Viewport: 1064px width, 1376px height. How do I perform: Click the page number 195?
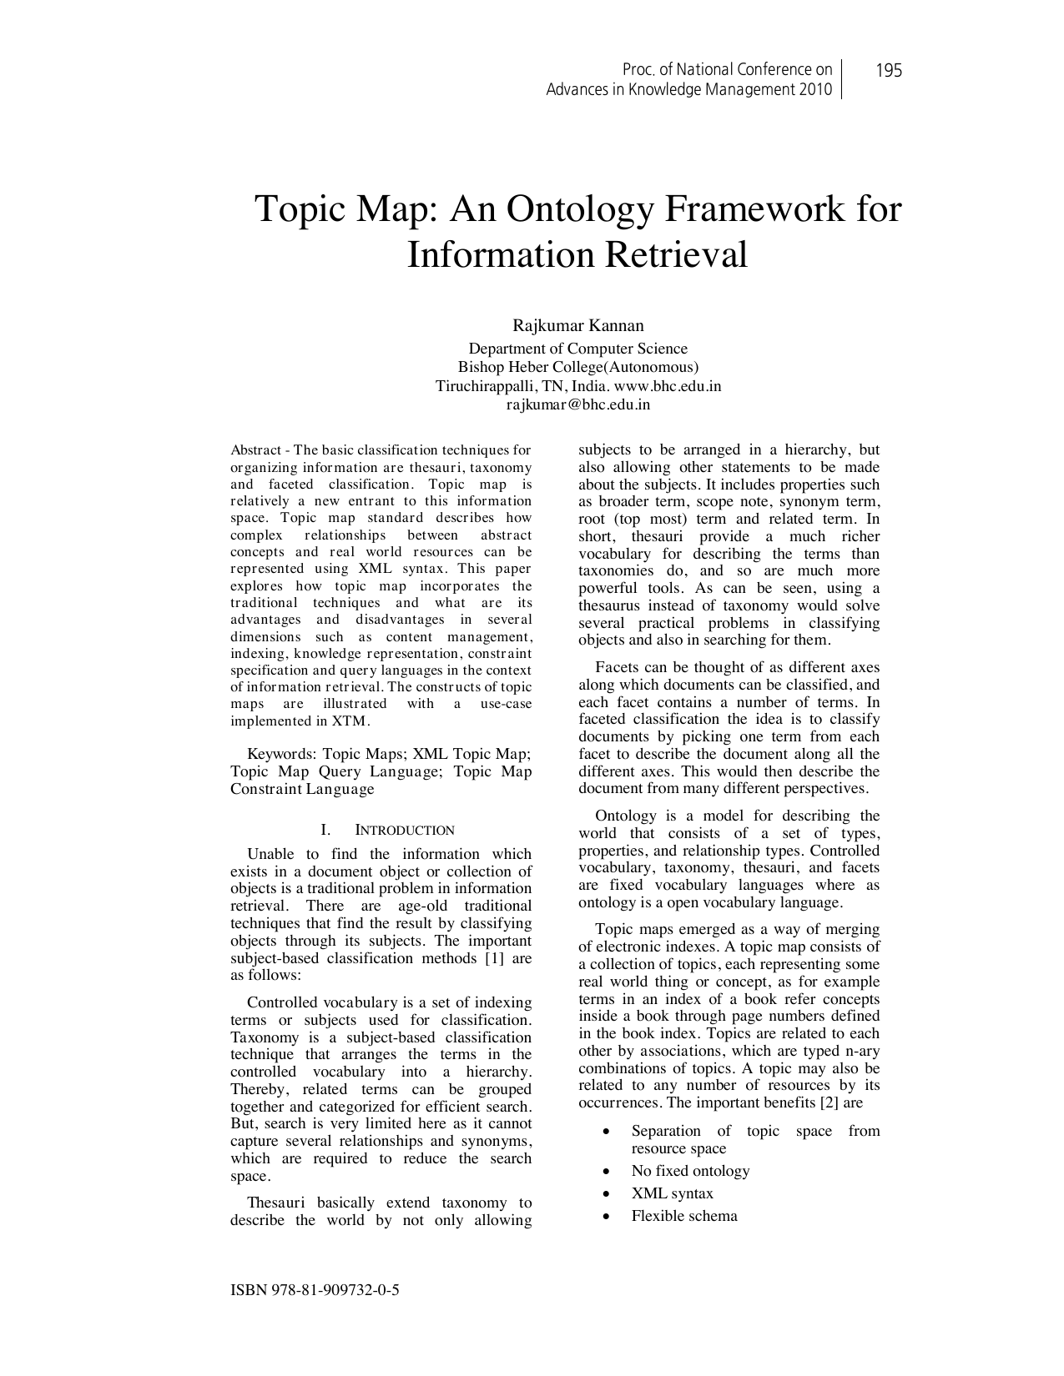click(x=889, y=71)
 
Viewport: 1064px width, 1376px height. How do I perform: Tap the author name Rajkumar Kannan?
click(x=577, y=325)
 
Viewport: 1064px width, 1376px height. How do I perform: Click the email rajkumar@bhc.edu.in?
click(x=577, y=405)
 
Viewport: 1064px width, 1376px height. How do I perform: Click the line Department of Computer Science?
click(x=577, y=349)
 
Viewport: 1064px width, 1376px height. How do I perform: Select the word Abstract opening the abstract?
click(x=255, y=450)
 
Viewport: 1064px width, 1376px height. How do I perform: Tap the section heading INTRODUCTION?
click(x=405, y=831)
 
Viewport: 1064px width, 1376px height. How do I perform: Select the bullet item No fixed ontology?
click(x=690, y=1171)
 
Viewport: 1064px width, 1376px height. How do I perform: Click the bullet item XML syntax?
click(x=672, y=1193)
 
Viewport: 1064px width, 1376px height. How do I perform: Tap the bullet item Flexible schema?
click(x=684, y=1216)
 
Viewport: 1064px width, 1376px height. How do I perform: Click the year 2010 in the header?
click(x=814, y=90)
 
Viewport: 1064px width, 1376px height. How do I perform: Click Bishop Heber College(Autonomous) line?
click(x=577, y=367)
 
